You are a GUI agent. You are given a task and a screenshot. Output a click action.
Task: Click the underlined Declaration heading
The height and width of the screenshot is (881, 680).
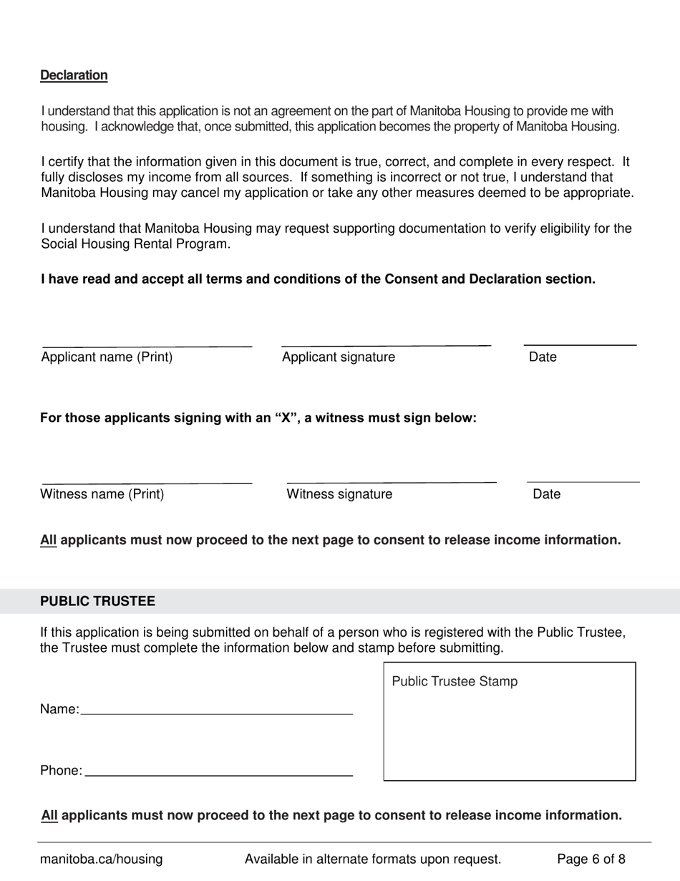tap(74, 75)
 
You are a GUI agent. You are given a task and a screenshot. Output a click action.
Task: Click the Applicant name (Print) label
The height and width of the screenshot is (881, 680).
tap(107, 357)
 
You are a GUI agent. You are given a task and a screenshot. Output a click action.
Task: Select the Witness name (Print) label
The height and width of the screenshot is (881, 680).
tap(102, 494)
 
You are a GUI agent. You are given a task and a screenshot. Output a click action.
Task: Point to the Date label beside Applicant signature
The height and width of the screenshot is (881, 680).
tap(542, 357)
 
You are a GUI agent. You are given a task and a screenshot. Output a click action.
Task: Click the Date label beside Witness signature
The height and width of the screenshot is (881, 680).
tap(546, 494)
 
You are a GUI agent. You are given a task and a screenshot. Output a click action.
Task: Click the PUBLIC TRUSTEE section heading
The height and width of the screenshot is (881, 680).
tap(97, 602)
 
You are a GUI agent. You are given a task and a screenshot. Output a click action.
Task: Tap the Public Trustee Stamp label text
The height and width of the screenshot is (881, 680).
tap(454, 682)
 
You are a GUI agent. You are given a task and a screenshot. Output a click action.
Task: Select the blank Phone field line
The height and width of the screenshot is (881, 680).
tap(219, 775)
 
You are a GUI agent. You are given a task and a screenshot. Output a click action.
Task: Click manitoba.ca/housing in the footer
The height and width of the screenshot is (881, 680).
tap(101, 860)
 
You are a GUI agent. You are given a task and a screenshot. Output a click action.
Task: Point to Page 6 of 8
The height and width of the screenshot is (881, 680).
tap(591, 860)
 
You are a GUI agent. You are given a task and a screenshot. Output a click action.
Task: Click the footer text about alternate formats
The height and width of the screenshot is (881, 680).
tap(373, 860)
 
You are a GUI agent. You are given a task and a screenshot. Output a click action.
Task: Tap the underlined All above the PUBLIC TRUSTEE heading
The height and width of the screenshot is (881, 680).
tap(48, 540)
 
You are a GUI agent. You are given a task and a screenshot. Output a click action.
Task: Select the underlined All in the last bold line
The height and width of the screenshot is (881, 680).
tap(49, 815)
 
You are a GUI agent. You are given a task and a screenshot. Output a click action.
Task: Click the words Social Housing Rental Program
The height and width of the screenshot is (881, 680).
tap(135, 244)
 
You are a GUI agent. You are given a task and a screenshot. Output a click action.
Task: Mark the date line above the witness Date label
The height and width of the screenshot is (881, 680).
tap(583, 482)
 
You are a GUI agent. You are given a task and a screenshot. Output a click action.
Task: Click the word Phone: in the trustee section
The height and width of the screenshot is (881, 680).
tap(61, 771)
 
